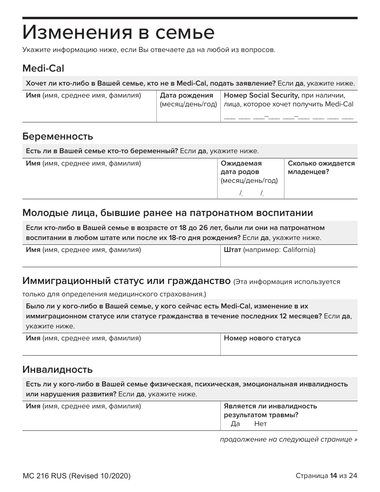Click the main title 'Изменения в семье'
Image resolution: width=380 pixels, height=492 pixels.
(x=118, y=33)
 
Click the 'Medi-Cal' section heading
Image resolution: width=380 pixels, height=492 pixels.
(x=43, y=68)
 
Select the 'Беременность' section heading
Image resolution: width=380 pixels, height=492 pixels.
(x=58, y=136)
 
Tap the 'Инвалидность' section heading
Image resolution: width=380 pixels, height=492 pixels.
(x=57, y=369)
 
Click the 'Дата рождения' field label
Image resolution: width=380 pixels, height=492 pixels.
(x=186, y=96)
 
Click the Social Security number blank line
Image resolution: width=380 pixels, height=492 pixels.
(x=288, y=117)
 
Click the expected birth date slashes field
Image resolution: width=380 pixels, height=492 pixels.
(x=251, y=194)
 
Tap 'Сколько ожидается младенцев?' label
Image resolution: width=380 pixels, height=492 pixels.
(x=321, y=168)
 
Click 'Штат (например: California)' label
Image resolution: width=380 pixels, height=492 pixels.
(x=270, y=250)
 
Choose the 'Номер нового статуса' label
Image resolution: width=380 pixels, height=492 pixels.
(x=262, y=338)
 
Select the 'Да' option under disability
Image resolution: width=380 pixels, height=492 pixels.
(x=235, y=424)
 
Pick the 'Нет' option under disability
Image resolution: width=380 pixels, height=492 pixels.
(x=260, y=424)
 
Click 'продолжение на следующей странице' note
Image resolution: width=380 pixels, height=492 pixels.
(x=288, y=440)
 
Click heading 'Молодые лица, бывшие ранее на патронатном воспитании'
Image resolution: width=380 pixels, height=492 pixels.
(x=168, y=212)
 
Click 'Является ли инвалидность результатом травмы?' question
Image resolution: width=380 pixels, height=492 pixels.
(x=270, y=410)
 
